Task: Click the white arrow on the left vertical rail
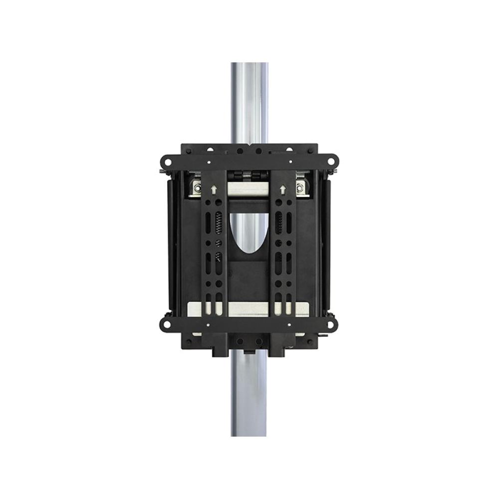tap(215, 190)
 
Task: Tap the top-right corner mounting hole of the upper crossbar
tap(331, 162)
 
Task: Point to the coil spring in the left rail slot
tap(219, 222)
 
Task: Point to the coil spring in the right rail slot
tap(279, 222)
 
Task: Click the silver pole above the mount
tap(249, 100)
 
